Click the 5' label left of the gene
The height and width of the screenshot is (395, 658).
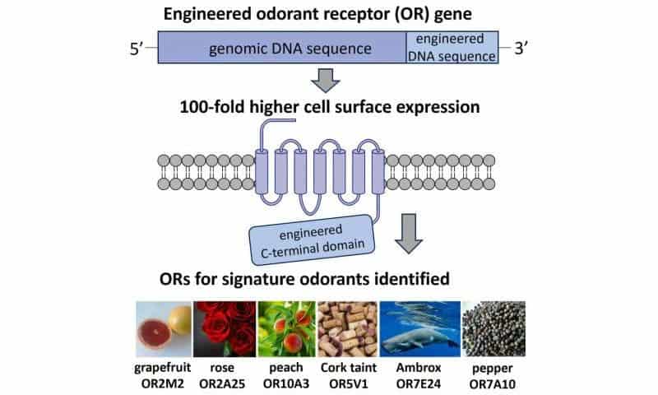tap(137, 48)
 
